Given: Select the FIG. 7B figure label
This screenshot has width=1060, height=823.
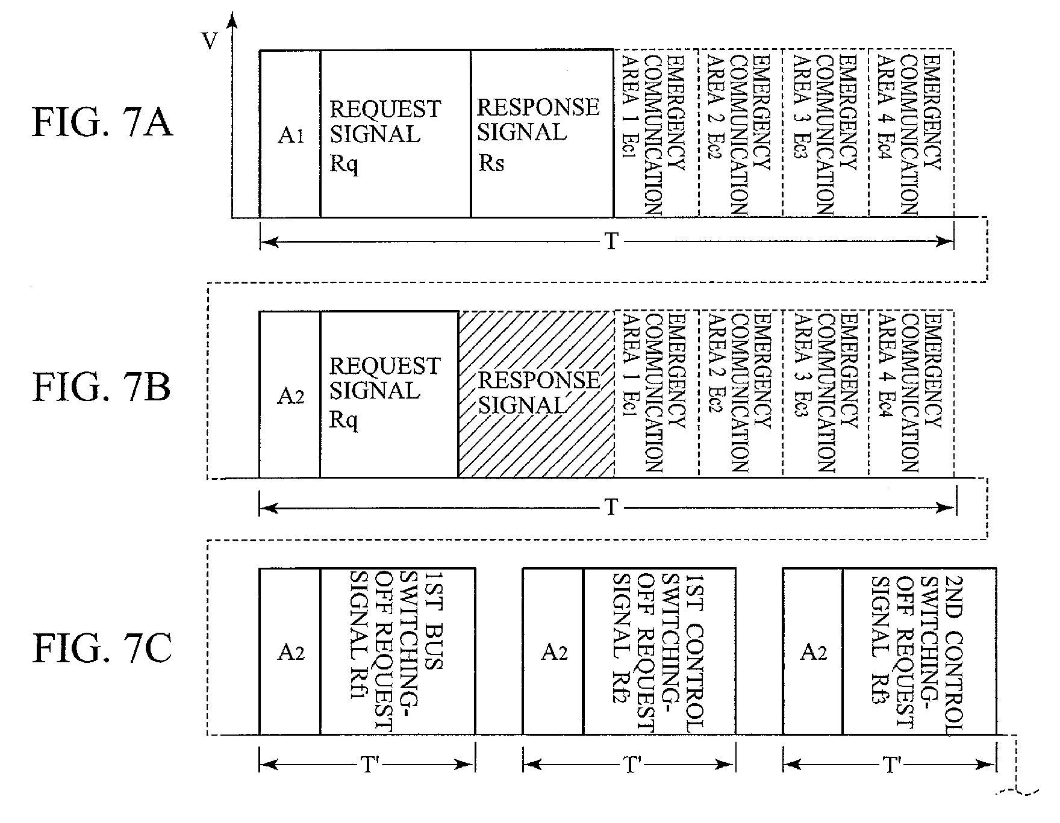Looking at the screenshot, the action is point(102,387).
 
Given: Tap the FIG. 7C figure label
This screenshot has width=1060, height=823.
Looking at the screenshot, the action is point(102,651).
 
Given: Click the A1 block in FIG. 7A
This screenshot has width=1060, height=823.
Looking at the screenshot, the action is point(290,134).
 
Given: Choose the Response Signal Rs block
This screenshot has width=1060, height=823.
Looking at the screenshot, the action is point(542,134).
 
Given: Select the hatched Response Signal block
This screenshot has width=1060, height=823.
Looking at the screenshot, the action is point(536,394).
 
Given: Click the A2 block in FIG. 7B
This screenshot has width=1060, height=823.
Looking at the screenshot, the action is point(290,394).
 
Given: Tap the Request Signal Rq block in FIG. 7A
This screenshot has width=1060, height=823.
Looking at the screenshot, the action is point(395,134).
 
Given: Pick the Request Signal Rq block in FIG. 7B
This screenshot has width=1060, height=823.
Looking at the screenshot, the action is point(389,394).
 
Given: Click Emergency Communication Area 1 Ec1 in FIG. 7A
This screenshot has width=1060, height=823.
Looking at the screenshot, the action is point(656,132).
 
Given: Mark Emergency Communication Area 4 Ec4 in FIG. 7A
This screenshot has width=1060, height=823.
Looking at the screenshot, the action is point(911,132).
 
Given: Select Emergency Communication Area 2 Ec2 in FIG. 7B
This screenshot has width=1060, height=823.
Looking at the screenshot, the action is point(741,394).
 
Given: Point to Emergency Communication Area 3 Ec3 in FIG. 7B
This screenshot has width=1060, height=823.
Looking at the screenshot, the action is point(826,394).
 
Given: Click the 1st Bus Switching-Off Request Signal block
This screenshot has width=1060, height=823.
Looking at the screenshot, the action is point(397,651).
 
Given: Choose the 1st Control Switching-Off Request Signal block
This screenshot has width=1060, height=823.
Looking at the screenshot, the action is point(659,651).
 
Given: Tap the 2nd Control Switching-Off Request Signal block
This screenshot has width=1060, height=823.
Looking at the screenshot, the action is point(920,651).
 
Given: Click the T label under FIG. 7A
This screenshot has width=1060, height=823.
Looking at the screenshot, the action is point(611,242).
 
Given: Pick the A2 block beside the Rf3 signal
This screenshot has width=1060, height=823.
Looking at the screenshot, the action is point(812,651).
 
